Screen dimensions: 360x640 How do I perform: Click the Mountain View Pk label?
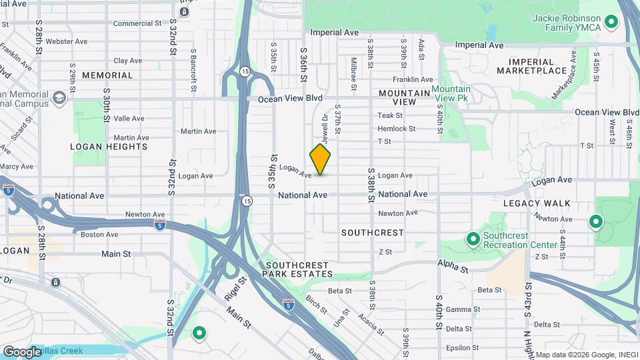pos(451,94)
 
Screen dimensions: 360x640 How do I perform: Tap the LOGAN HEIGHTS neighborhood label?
pos(109,146)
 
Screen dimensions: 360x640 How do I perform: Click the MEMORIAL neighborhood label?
pos(107,76)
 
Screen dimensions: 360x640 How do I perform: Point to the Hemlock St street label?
pos(396,129)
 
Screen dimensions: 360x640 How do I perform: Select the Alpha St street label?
pos(453,266)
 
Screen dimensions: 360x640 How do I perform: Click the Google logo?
pos(22,352)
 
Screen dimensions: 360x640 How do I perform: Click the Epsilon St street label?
pos(459,347)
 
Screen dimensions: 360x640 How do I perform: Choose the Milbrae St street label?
pos(354,66)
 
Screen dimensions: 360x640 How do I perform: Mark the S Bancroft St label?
pos(193,70)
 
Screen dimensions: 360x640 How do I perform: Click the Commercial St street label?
pos(137,23)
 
